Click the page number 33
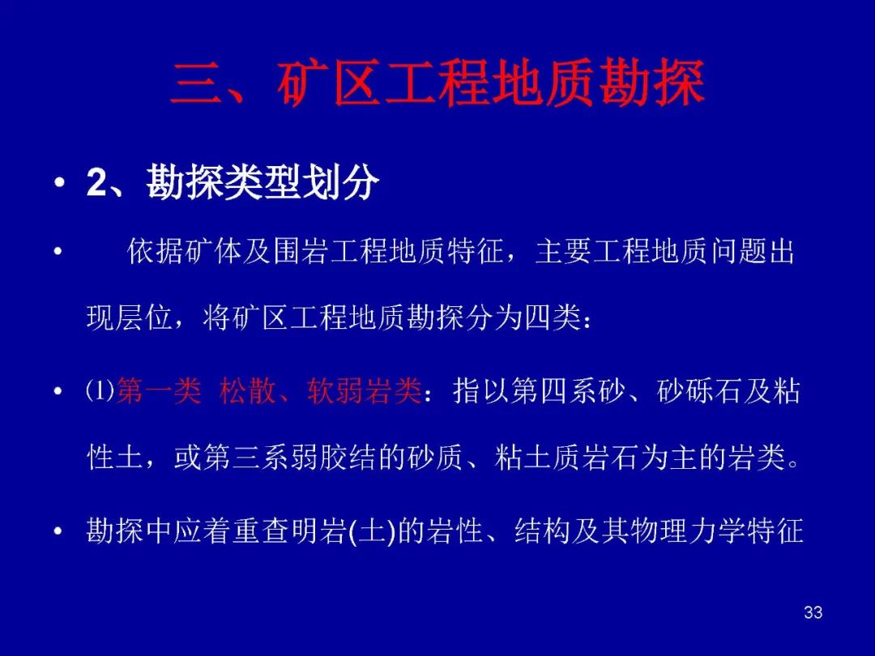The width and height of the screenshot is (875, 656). [x=813, y=612]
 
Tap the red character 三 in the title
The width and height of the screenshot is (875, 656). [x=195, y=83]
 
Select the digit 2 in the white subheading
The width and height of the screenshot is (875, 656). [x=96, y=181]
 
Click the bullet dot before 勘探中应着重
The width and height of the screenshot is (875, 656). [x=58, y=531]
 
